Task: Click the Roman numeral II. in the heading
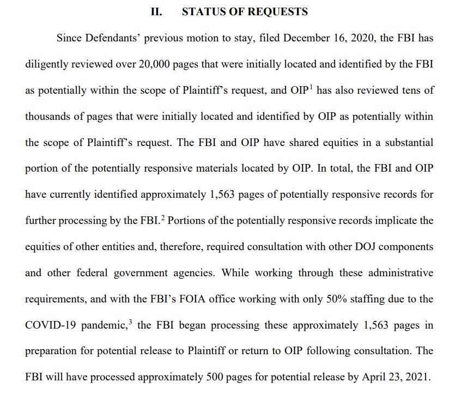[156, 11]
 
